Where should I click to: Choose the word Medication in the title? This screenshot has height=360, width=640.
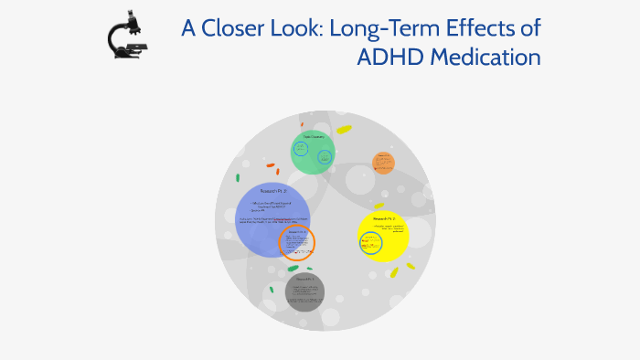pyautogui.click(x=485, y=57)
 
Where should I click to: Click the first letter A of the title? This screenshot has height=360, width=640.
pyautogui.click(x=189, y=28)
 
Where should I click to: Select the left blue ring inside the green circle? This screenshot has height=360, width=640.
pyautogui.click(x=300, y=150)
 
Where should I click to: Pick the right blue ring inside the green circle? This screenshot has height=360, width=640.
pyautogui.click(x=325, y=155)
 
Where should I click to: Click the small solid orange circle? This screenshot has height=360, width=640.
pyautogui.click(x=383, y=163)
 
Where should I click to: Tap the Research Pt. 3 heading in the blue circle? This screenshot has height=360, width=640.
pyautogui.click(x=273, y=190)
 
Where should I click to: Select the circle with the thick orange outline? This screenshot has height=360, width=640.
pyautogui.click(x=296, y=243)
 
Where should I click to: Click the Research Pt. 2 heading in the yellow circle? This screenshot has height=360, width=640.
pyautogui.click(x=383, y=220)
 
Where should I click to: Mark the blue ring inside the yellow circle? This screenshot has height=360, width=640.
pyautogui.click(x=371, y=242)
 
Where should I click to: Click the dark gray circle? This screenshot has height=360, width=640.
pyautogui.click(x=304, y=291)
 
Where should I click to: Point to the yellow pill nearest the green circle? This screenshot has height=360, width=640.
pyautogui.click(x=343, y=130)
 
